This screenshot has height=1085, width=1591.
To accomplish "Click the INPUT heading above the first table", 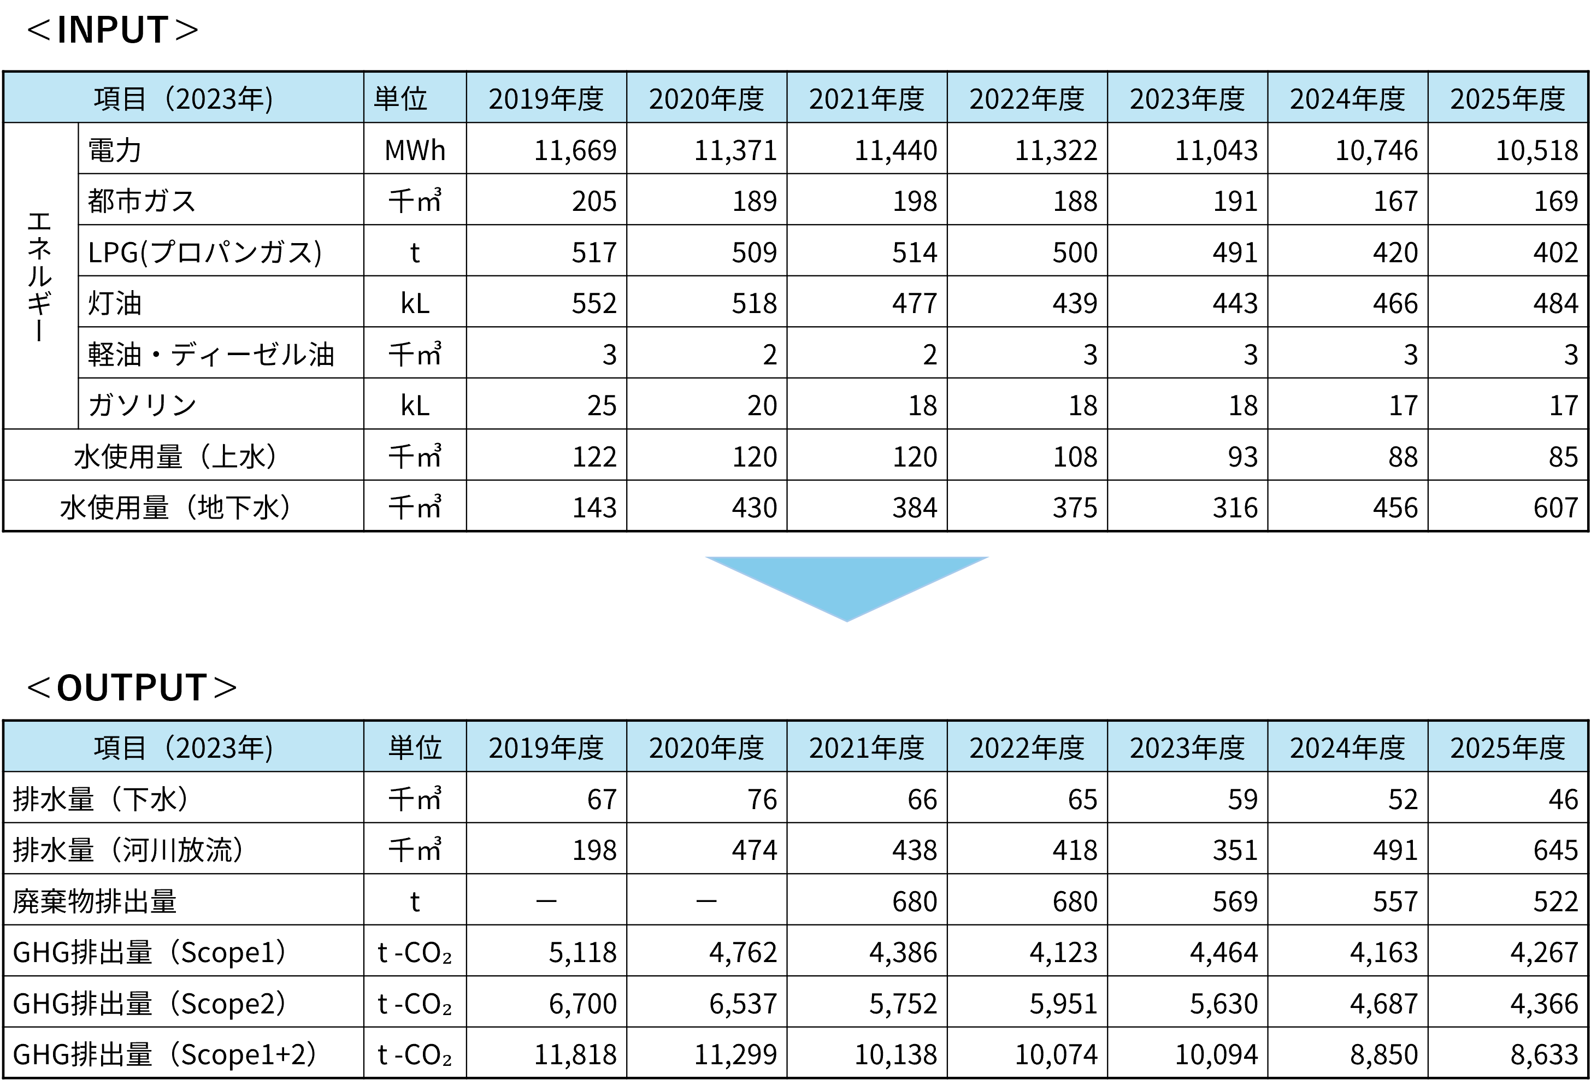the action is pyautogui.click(x=113, y=30).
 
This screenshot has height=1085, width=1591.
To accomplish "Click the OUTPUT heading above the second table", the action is pyautogui.click(x=132, y=688).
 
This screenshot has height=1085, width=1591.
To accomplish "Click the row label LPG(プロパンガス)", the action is pyautogui.click(x=205, y=252).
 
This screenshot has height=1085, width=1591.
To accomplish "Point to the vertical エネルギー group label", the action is pyautogui.click(x=40, y=276).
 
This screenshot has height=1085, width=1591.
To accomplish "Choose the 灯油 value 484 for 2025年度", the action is pyautogui.click(x=1555, y=303).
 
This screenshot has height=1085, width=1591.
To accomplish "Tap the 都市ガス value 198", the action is pyautogui.click(x=915, y=201).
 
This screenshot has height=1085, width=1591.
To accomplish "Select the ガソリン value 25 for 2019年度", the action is pyautogui.click(x=602, y=405).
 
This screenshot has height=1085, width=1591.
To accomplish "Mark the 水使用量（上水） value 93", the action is pyautogui.click(x=1242, y=457).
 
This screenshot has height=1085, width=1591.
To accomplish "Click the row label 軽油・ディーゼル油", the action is pyautogui.click(x=211, y=355).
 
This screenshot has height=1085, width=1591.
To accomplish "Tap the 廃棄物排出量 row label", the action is pyautogui.click(x=95, y=901).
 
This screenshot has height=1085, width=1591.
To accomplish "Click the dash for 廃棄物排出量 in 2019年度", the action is pyautogui.click(x=546, y=901).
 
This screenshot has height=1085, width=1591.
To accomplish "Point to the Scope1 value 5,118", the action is pyautogui.click(x=582, y=952).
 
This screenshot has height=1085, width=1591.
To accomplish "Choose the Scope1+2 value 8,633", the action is pyautogui.click(x=1545, y=1055).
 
